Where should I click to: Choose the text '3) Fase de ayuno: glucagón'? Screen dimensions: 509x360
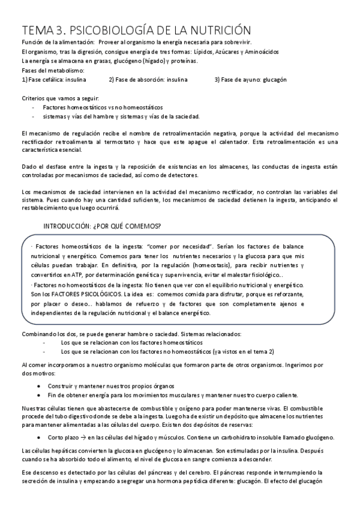[x=250, y=79]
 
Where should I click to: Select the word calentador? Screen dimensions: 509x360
[x=236, y=141]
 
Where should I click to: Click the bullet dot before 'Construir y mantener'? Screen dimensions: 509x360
[x=39, y=385]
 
